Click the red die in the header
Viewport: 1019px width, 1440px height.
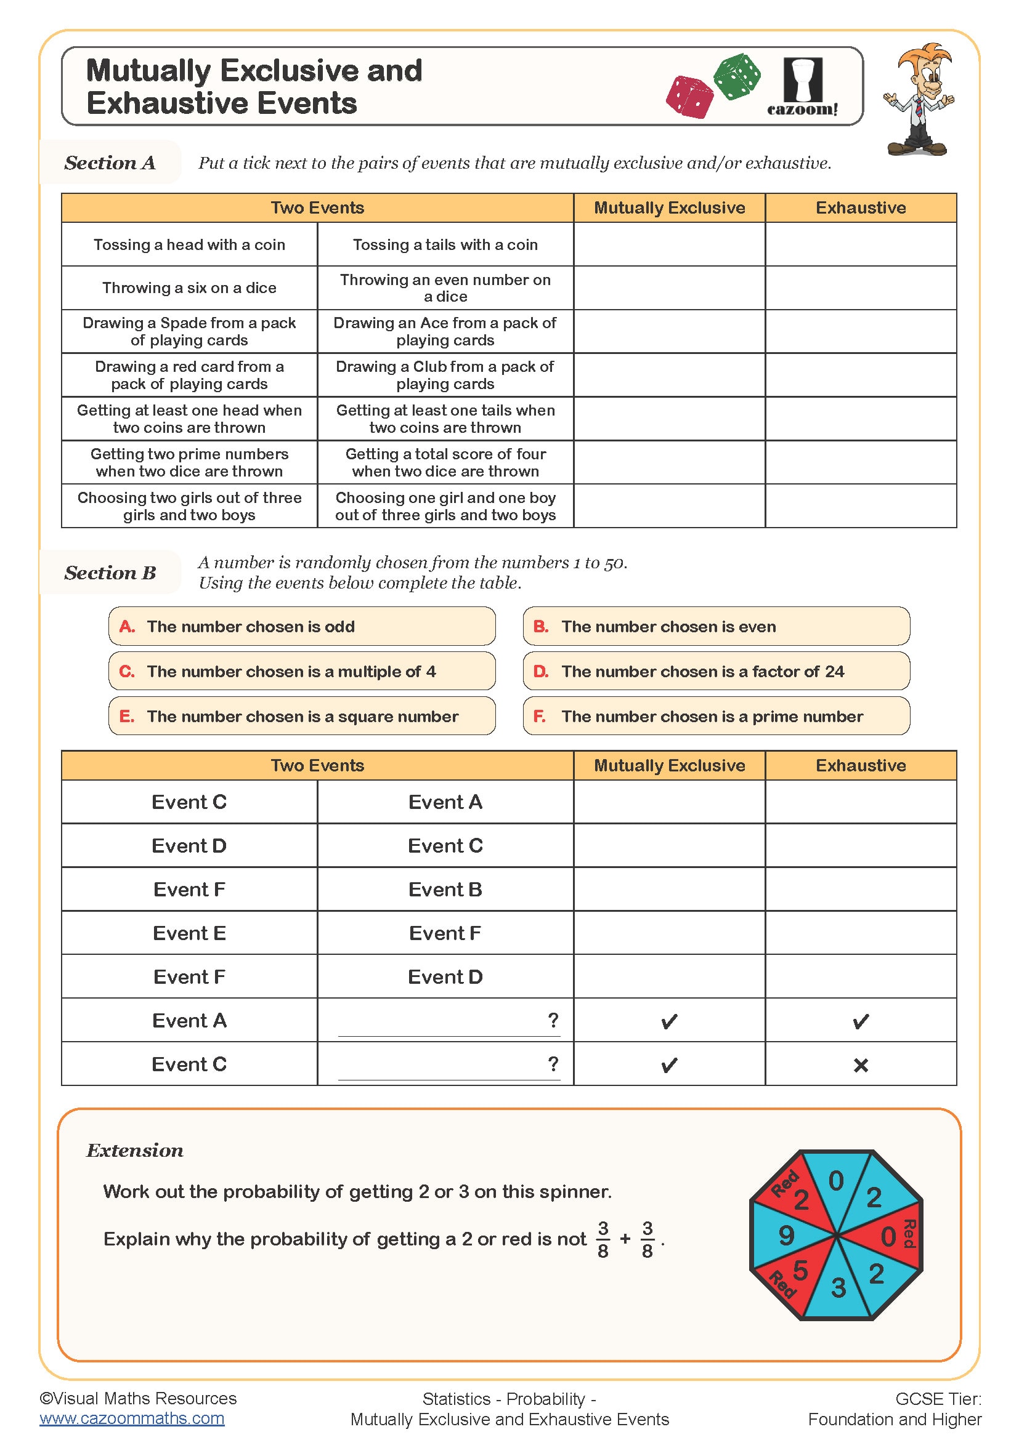pos(689,97)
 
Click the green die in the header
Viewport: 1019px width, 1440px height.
pos(737,76)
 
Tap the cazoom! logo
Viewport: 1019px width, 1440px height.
pos(803,87)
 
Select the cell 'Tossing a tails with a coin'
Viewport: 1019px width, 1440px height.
pos(445,244)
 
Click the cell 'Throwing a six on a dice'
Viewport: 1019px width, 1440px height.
pos(189,288)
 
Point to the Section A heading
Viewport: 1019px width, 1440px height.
pos(110,163)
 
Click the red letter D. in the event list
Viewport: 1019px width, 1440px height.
pos(540,672)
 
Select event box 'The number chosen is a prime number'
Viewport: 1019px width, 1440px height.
pos(716,716)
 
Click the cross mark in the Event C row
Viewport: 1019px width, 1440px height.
pos(860,1065)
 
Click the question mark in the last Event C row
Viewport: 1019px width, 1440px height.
pos(553,1064)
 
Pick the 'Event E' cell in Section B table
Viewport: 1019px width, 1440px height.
pos(189,933)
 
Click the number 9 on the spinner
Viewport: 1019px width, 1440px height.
pos(786,1236)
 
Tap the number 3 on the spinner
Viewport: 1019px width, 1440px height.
pos(838,1287)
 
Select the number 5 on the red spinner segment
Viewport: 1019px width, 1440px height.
pos(800,1270)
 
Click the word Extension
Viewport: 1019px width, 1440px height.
pos(135,1151)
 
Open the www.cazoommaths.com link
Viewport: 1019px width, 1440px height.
pos(132,1418)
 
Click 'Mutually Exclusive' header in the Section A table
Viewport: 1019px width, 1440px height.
pos(669,208)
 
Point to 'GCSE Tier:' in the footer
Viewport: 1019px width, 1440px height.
pos(938,1399)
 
